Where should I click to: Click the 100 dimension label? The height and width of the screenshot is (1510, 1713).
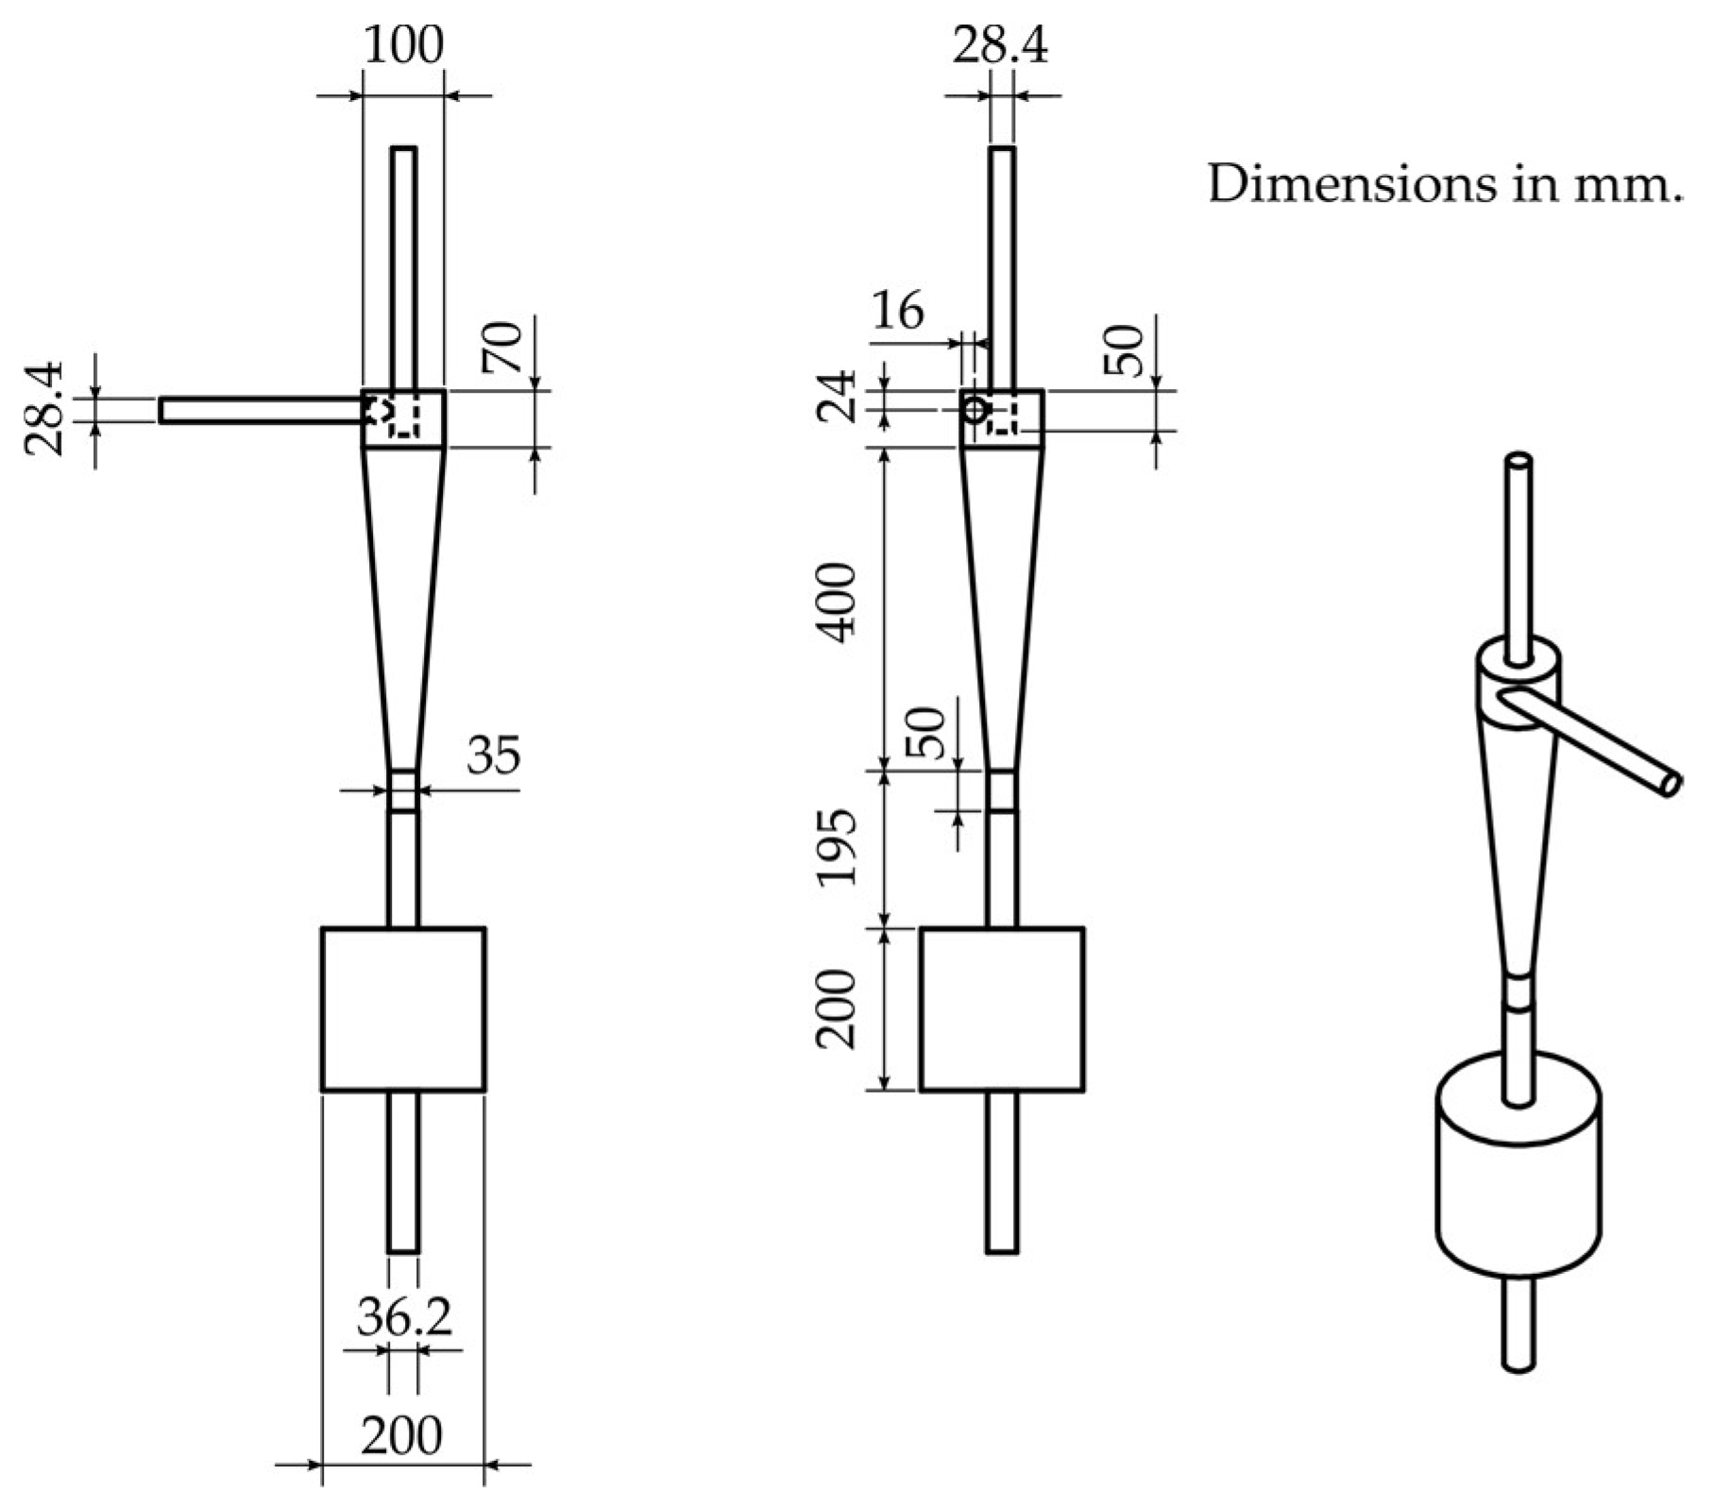403,44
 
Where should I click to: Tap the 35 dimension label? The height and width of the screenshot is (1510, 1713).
494,755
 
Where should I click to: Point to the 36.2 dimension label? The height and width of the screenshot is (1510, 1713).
404,1318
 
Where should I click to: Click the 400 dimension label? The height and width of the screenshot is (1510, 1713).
838,603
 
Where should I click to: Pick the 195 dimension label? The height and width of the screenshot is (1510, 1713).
838,847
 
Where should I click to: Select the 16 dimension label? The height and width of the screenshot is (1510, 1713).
898,311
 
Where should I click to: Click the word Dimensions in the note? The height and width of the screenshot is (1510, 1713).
1353,184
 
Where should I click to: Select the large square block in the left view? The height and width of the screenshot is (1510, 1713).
403,1009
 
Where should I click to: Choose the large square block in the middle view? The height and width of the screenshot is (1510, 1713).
1002,1009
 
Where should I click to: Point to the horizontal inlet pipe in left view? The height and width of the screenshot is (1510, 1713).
261,411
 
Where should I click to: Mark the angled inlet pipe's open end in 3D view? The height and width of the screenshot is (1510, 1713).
1671,783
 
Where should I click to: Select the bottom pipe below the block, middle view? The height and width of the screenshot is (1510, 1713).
1002,1172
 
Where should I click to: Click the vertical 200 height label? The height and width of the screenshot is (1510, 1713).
838,1009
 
